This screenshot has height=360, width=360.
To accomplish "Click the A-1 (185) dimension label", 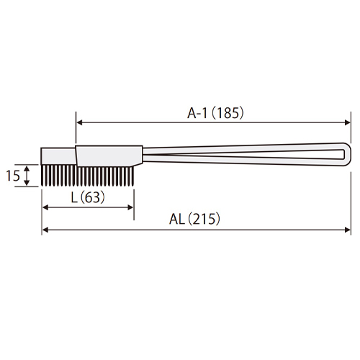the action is tap(215, 113).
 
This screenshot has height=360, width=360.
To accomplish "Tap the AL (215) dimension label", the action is tap(194, 219).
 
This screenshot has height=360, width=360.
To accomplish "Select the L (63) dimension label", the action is tap(88, 197).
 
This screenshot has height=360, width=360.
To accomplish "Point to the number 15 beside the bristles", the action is tap(13, 176).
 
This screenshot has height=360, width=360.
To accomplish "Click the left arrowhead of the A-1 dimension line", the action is tap(79, 122).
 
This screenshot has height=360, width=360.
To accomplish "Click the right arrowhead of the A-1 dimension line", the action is tap(347, 122).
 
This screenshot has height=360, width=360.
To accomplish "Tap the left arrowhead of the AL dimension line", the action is tap(45, 230).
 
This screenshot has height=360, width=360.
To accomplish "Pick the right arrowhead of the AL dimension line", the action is tap(347, 230).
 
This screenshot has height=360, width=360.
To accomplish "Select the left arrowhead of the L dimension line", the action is tap(45, 207).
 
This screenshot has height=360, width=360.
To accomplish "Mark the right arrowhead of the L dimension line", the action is tap(130, 207).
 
